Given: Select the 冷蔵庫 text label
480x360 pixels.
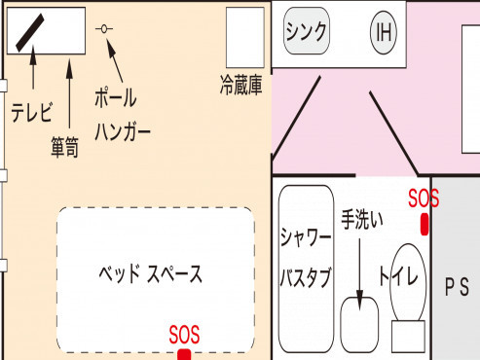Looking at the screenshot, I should pyautogui.click(x=242, y=87).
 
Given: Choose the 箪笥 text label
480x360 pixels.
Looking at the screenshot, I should pyautogui.click(x=65, y=146).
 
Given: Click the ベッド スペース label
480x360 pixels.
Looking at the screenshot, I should pyautogui.click(x=153, y=274).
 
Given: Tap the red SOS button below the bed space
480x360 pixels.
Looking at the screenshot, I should pyautogui.click(x=183, y=354).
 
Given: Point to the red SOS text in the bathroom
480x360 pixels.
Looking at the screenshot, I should pyautogui.click(x=425, y=198).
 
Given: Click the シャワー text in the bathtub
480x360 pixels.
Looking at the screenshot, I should pyautogui.click(x=306, y=236).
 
